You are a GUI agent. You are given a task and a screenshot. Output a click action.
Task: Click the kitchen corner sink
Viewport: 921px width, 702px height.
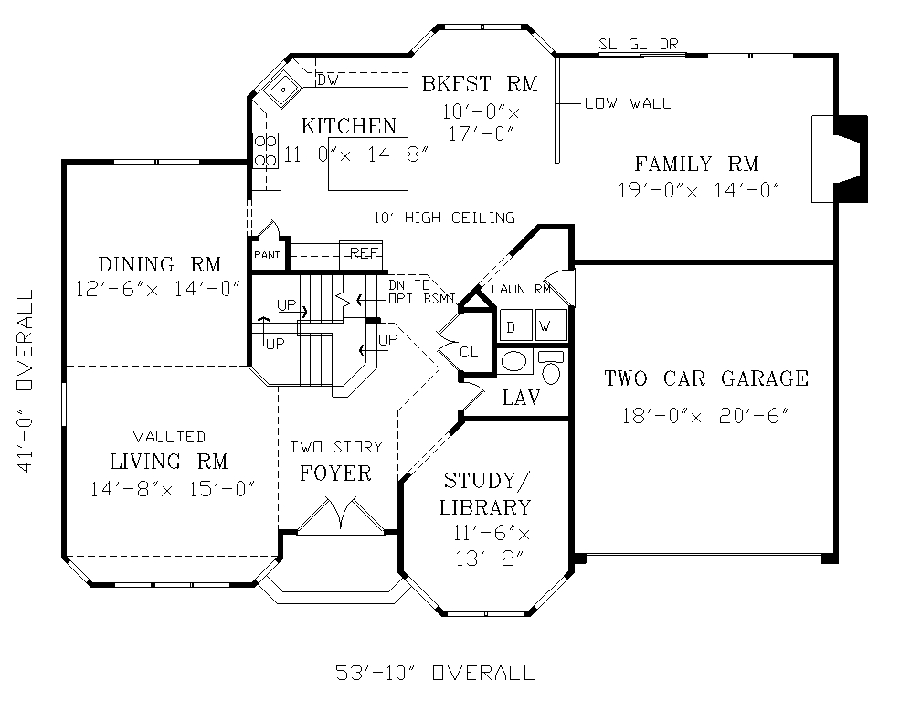point(282,90)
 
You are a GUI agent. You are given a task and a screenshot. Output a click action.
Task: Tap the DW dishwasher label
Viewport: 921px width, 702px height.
point(327,80)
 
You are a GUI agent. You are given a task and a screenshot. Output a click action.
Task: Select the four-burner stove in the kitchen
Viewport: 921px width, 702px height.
point(266,151)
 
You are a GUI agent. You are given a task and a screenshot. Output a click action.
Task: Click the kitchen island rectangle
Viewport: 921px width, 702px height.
point(368,165)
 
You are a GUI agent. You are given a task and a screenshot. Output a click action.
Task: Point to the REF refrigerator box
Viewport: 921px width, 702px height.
point(361,254)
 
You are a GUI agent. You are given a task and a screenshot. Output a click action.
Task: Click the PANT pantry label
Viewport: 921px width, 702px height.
point(267,255)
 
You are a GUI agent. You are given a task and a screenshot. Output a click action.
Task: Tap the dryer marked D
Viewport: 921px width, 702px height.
point(515,324)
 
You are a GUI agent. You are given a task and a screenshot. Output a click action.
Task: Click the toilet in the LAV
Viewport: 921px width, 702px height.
point(551,367)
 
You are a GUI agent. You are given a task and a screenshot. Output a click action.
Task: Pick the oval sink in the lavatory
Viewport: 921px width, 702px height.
point(515,362)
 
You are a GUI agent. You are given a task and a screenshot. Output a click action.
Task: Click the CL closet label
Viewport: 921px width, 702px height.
point(469,353)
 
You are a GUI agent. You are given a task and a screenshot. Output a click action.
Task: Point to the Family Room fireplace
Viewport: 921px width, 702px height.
point(840,159)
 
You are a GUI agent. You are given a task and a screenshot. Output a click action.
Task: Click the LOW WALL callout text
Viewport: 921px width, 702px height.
point(628,103)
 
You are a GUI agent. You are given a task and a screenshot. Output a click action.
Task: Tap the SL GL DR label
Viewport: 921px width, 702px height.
point(639,44)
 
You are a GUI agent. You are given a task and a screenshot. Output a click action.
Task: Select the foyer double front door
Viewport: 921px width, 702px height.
point(341,517)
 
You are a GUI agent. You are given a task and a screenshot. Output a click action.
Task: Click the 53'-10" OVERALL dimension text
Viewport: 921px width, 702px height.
point(435,673)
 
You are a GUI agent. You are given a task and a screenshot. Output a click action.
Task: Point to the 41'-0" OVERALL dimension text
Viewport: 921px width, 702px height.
point(25,380)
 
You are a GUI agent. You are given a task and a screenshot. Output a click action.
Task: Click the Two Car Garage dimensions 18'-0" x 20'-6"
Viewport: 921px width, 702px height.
point(705,416)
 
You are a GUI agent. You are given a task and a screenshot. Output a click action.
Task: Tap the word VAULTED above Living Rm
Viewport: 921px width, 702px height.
point(169,437)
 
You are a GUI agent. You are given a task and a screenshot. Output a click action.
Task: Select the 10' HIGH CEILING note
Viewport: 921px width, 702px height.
point(445,218)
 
